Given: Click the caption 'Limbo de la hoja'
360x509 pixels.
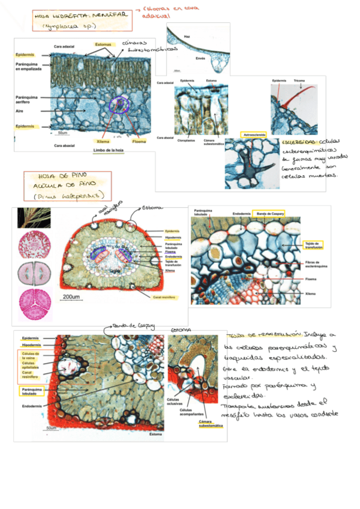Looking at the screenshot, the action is (x=108, y=151).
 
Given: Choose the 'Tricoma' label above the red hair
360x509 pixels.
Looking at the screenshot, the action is (x=300, y=80).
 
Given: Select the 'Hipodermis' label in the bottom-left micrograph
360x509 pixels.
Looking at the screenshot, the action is (x=32, y=345).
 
